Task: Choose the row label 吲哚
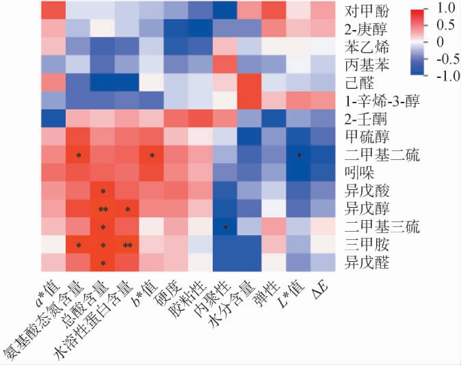point(362,173)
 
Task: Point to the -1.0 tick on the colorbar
point(445,77)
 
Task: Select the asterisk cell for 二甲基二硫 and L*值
point(300,155)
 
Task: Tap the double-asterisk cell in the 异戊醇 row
point(103,208)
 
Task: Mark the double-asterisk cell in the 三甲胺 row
point(127,244)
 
